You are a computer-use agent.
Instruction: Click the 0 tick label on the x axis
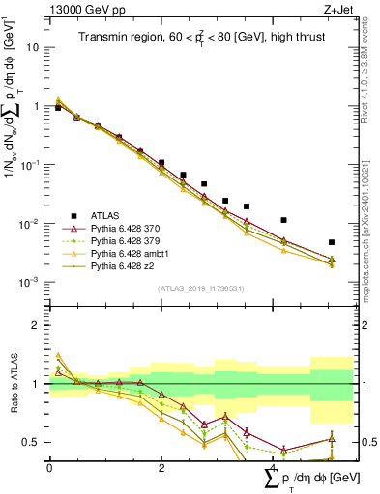tap(49, 467)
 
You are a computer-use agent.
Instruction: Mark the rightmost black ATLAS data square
tap(332, 242)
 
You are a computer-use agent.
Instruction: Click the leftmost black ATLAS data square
tap(58, 108)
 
